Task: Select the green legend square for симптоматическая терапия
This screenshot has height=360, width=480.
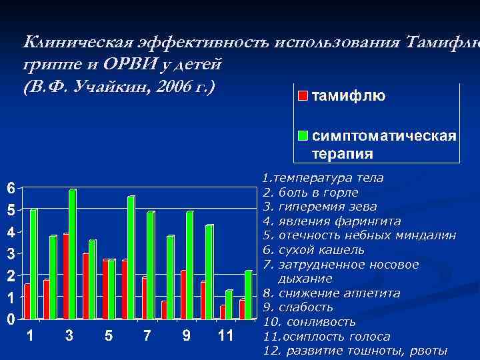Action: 302,137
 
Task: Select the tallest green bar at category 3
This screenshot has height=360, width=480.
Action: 72,254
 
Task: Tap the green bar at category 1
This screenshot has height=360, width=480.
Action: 33,264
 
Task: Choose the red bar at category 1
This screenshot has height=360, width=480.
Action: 27,301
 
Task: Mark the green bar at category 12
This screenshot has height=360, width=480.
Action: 248,295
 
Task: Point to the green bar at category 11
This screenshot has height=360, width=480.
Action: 229,305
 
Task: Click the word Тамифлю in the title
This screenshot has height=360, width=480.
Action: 439,43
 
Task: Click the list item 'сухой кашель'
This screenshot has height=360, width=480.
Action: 322,250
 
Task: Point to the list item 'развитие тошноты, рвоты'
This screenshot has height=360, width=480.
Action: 364,351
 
